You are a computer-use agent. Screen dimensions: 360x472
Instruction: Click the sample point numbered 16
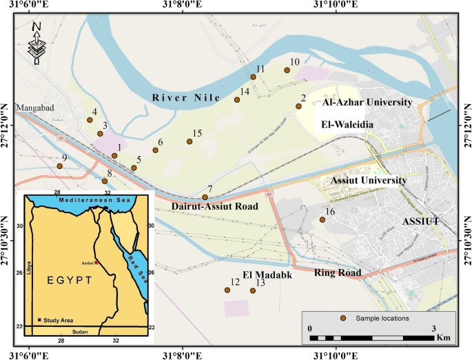(322, 220)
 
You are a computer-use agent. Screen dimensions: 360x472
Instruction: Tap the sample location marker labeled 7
(205, 197)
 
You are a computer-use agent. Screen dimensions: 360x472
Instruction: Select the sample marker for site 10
(287, 70)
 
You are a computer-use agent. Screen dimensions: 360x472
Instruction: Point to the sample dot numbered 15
(189, 142)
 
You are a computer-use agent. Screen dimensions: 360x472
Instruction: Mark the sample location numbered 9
(60, 166)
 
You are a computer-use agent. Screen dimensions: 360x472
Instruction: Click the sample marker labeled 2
(298, 106)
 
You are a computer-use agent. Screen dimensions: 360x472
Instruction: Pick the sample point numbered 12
(227, 290)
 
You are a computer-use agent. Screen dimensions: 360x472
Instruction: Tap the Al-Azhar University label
(367, 103)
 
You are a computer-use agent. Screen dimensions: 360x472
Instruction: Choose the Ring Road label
(338, 272)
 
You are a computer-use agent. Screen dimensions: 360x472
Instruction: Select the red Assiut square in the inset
(98, 263)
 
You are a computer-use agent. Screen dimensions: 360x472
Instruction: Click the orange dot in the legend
(342, 318)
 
